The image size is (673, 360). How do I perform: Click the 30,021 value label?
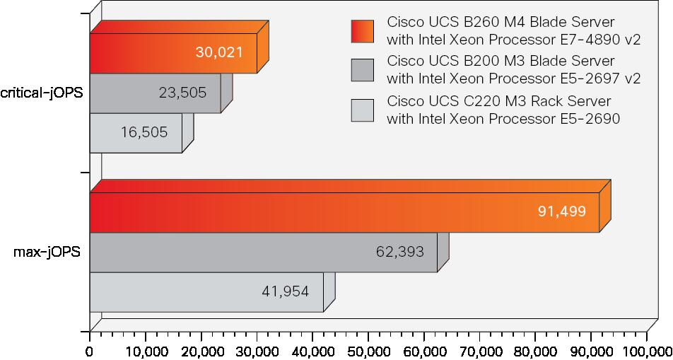[219, 52]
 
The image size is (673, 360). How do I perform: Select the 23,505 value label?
[183, 93]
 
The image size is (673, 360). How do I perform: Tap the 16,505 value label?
[144, 132]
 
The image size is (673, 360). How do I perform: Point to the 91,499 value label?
[562, 211]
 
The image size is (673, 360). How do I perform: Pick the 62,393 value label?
[400, 251]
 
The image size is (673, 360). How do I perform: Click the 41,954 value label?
[286, 291]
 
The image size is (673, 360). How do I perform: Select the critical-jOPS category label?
[41, 93]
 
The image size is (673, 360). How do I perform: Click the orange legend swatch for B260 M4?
[362, 31]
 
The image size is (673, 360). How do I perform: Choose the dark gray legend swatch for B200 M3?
[362, 70]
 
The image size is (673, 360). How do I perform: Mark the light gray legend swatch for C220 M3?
[362, 110]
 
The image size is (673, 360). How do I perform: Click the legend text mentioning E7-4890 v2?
[514, 31]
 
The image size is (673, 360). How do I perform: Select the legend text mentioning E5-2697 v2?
[514, 70]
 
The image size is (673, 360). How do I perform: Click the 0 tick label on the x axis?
[90, 351]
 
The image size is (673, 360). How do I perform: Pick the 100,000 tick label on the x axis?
[646, 351]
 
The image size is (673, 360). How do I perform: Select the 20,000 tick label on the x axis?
[201, 351]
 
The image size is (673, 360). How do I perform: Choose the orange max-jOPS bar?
[345, 211]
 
